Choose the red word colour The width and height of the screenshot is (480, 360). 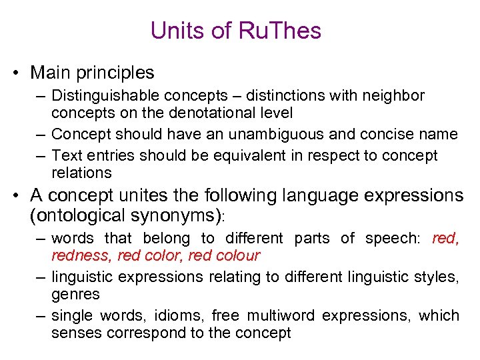tap(238, 255)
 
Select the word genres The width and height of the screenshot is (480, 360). tap(75, 294)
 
